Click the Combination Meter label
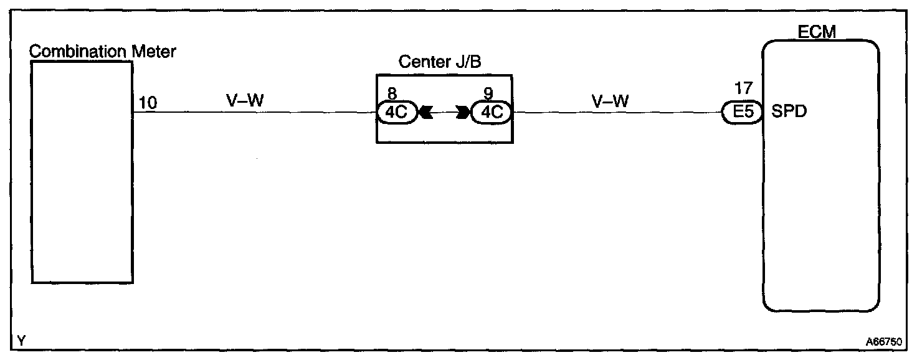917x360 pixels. (103, 51)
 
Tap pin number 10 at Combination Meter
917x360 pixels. (148, 102)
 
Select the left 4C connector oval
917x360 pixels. (396, 113)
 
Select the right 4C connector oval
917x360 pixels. (492, 113)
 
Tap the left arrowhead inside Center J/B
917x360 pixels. (427, 113)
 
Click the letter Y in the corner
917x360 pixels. (22, 341)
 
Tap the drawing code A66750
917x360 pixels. (885, 342)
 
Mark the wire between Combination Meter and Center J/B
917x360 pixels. (255, 113)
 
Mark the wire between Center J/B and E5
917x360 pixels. (617, 113)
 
